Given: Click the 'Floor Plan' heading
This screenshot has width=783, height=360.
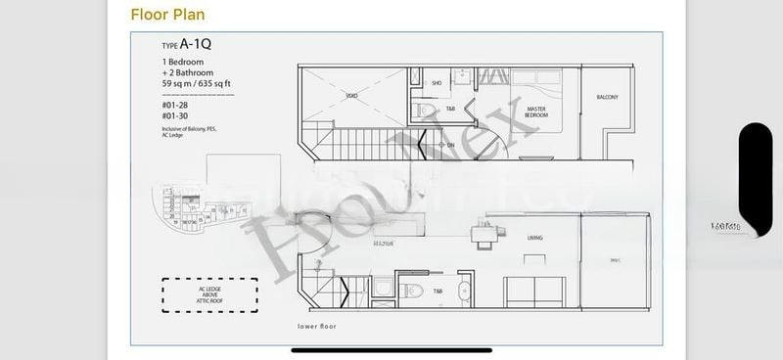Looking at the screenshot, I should click(x=168, y=16).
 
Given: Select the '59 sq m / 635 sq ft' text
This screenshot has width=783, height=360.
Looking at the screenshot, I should click(x=199, y=83).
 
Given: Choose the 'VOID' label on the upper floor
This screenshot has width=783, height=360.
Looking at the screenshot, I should click(x=350, y=96).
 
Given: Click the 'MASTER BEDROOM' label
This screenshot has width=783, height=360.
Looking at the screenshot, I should click(x=535, y=112).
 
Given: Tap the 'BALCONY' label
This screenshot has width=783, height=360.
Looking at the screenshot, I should click(x=607, y=97).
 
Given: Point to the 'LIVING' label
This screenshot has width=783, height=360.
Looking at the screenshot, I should click(x=534, y=238).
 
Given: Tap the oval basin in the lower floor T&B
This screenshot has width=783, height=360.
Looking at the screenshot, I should click(x=463, y=292).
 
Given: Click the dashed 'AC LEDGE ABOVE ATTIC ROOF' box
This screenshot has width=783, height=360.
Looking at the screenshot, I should click(x=210, y=293).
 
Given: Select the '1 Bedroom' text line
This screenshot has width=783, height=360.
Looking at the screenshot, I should click(x=184, y=62).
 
